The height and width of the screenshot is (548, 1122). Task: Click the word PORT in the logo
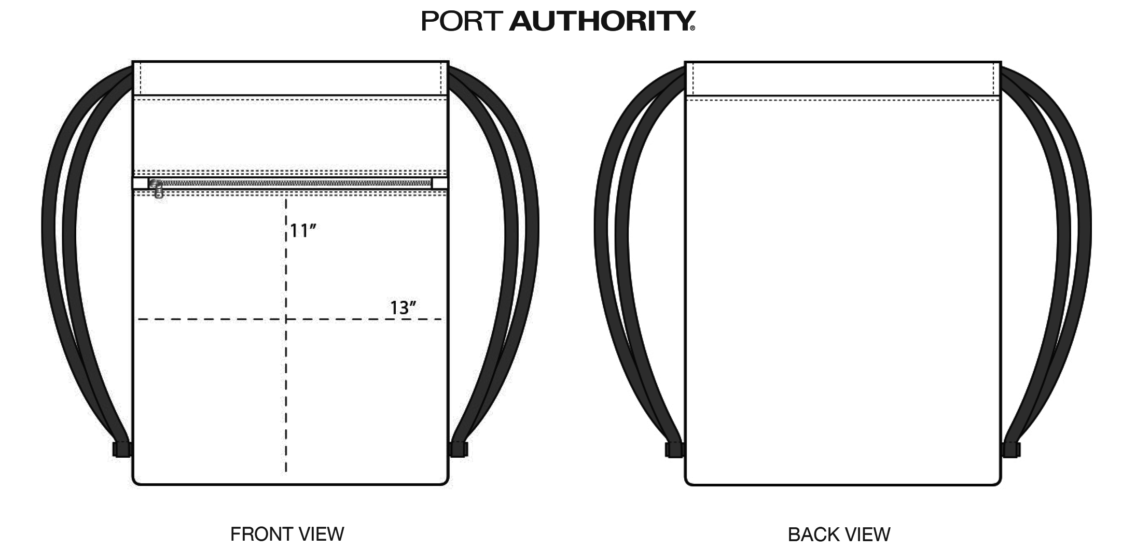[x=462, y=21]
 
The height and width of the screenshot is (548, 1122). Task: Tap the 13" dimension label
[x=403, y=308]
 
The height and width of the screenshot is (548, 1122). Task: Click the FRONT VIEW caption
[x=287, y=534]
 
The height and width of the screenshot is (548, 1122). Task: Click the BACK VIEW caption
[x=839, y=534]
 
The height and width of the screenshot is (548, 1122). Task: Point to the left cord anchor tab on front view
[x=122, y=449]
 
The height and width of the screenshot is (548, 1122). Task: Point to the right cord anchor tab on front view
[x=459, y=449]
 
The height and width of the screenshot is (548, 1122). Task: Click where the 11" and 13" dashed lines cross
[x=286, y=319]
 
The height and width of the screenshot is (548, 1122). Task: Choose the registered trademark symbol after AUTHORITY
[x=692, y=29]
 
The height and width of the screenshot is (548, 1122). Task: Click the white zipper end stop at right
[x=440, y=183]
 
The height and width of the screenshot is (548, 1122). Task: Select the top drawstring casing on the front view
[x=290, y=78]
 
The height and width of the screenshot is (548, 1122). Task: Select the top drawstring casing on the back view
[x=843, y=78]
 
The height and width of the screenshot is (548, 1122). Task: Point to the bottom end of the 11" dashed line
[x=286, y=472]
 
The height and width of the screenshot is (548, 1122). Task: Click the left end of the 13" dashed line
[x=137, y=319]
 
